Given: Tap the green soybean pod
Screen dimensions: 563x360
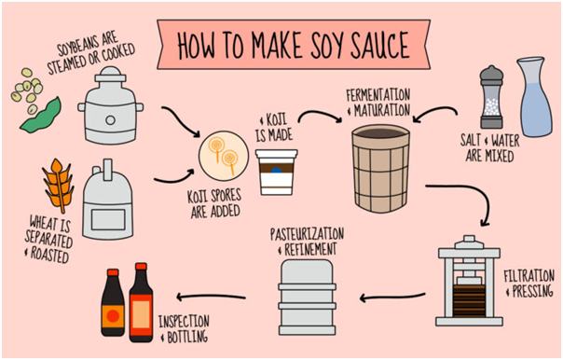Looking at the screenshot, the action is coord(41,115).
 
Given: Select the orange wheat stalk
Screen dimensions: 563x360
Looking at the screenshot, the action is coord(59,186).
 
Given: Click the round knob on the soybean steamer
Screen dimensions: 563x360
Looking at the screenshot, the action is coord(111,120).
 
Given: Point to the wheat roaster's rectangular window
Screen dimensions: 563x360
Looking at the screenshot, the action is coord(108,219).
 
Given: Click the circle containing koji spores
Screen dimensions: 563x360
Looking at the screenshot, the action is coord(224,156).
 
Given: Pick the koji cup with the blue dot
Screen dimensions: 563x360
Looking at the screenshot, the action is coord(277,173).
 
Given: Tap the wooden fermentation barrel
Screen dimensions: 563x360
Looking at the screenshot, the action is coord(381,169).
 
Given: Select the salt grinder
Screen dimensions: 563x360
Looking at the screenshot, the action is coord(491,97).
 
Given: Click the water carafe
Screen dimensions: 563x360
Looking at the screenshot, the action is coord(534,97).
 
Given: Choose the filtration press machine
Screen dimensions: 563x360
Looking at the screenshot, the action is coord(469,281).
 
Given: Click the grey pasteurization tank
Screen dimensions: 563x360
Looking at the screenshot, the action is coord(307,298).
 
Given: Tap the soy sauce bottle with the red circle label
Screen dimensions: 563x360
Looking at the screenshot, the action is coord(113,302).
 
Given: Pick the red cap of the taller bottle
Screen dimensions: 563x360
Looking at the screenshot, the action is coord(141,267).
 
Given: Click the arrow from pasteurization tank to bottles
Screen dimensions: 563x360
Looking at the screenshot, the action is coord(211,297).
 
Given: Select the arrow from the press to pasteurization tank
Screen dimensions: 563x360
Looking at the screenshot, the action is coord(392,298).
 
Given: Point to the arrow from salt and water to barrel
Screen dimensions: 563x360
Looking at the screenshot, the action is coord(434,112).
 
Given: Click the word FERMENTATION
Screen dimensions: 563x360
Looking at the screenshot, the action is coord(378,95).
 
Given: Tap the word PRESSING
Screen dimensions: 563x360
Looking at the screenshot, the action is coord(532,291).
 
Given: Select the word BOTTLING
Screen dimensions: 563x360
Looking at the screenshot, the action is coord(187,337).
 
